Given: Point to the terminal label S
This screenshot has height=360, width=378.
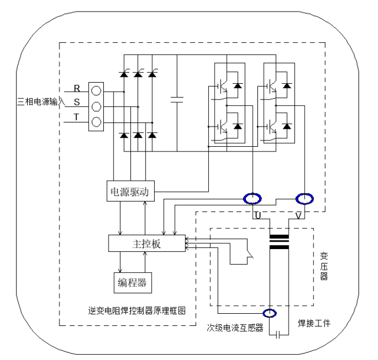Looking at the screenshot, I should (x=77, y=103).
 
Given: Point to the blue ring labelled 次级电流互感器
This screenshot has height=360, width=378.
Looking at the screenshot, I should (x=269, y=314).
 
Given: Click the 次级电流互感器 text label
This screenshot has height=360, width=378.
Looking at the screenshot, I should (x=235, y=327).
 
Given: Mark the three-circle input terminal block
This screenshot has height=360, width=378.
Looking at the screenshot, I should (x=96, y=106).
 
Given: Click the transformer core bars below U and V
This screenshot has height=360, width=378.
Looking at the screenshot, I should (x=280, y=241).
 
